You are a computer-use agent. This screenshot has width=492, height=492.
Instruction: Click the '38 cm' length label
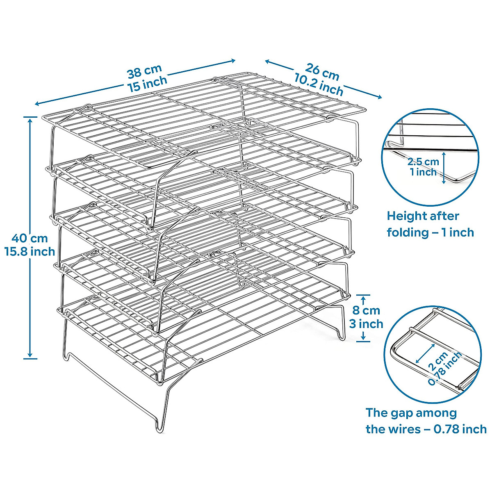click(x=144, y=71)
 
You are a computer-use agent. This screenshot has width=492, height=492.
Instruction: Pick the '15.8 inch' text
click(x=30, y=251)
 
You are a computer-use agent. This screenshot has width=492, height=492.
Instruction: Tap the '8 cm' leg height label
click(x=366, y=310)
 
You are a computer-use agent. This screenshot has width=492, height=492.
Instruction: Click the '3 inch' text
click(x=366, y=323)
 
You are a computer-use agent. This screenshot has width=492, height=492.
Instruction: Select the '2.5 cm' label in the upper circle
click(x=423, y=162)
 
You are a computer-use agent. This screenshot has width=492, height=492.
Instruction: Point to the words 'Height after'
click(x=423, y=216)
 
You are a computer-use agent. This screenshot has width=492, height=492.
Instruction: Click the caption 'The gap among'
click(x=411, y=412)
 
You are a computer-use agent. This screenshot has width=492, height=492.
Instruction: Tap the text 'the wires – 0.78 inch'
click(x=426, y=429)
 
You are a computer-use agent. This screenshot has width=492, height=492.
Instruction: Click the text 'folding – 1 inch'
click(x=430, y=232)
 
